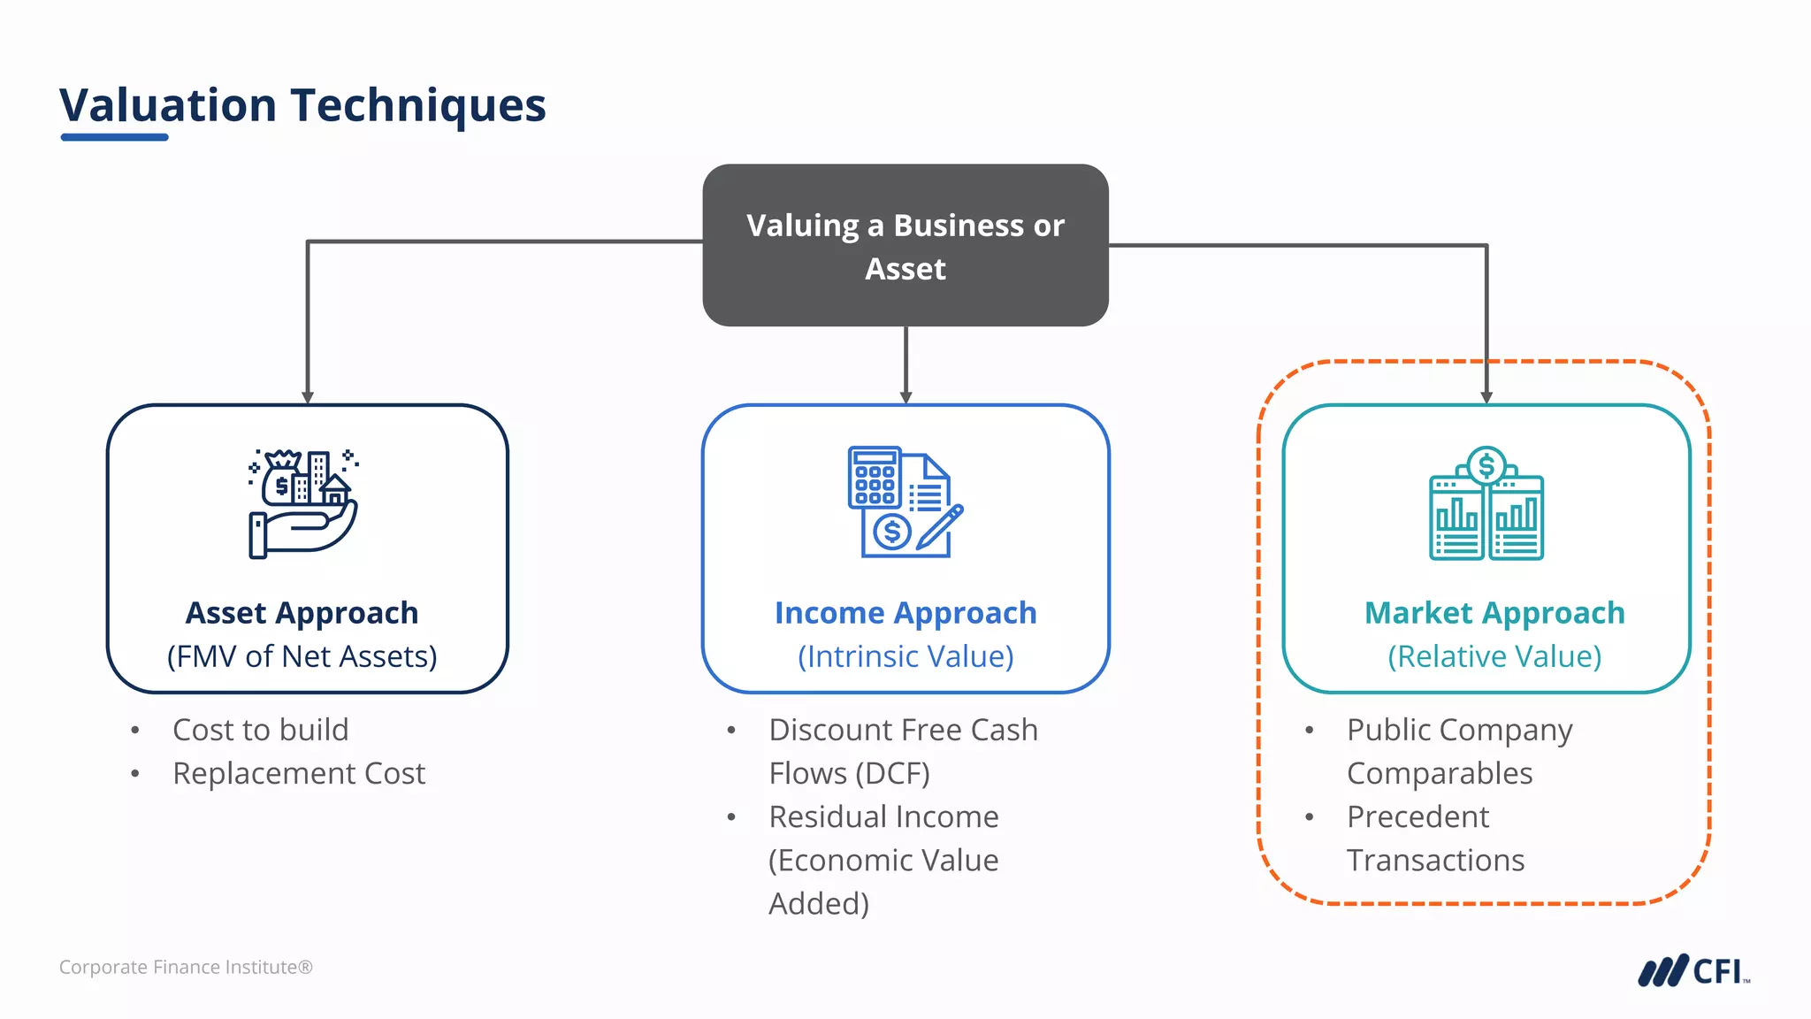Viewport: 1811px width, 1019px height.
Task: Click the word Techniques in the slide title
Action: pyautogui.click(x=417, y=106)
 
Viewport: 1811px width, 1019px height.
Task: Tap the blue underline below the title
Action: pyautogui.click(x=114, y=137)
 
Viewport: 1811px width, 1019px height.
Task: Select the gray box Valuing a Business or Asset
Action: pyautogui.click(x=905, y=245)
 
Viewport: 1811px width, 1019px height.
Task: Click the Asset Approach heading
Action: pyautogui.click(x=302, y=613)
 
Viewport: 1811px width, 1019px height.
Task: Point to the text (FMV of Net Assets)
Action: pyautogui.click(x=302, y=656)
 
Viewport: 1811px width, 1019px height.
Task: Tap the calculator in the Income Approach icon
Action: pyautogui.click(x=874, y=478)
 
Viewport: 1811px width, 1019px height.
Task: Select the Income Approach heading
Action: pyautogui.click(x=905, y=613)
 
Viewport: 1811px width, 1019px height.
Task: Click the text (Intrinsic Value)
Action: pyautogui.click(x=905, y=656)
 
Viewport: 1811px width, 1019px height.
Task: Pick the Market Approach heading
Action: pyautogui.click(x=1494, y=613)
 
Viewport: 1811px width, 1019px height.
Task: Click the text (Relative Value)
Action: pyautogui.click(x=1494, y=656)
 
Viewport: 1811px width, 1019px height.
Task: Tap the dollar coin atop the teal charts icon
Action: pyautogui.click(x=1486, y=465)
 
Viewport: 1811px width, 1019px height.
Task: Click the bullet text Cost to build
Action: pyautogui.click(x=260, y=730)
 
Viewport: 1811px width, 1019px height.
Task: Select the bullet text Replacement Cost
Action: pyautogui.click(x=299, y=773)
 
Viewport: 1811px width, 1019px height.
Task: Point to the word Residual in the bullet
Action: pyautogui.click(x=823, y=816)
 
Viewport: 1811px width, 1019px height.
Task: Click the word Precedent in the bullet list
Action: pyautogui.click(x=1417, y=816)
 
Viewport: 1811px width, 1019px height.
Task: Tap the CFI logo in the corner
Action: pyautogui.click(x=1693, y=970)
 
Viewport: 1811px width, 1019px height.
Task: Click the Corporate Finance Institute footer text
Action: pyautogui.click(x=186, y=967)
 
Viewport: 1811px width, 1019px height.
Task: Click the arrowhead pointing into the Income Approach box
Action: pyautogui.click(x=905, y=398)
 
